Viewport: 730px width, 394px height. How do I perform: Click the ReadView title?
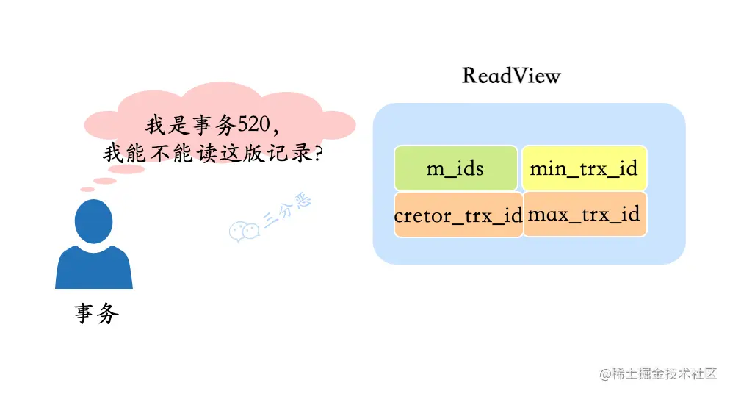(511, 75)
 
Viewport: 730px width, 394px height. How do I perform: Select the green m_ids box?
(455, 168)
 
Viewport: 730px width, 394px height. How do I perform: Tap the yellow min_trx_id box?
(584, 168)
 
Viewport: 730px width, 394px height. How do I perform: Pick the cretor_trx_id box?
(458, 215)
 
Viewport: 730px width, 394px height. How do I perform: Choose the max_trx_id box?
(584, 215)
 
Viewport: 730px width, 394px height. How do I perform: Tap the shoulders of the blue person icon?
(94, 269)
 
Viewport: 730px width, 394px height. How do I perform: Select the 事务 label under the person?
(96, 315)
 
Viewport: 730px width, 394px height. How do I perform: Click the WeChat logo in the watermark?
(244, 230)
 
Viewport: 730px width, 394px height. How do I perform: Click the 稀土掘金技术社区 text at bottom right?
(665, 373)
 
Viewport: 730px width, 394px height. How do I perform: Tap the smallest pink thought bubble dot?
(87, 190)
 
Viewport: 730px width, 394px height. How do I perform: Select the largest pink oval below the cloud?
(129, 169)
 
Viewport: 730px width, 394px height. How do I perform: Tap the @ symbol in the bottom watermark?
(606, 373)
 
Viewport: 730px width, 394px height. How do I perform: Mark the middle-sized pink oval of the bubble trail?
(105, 181)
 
